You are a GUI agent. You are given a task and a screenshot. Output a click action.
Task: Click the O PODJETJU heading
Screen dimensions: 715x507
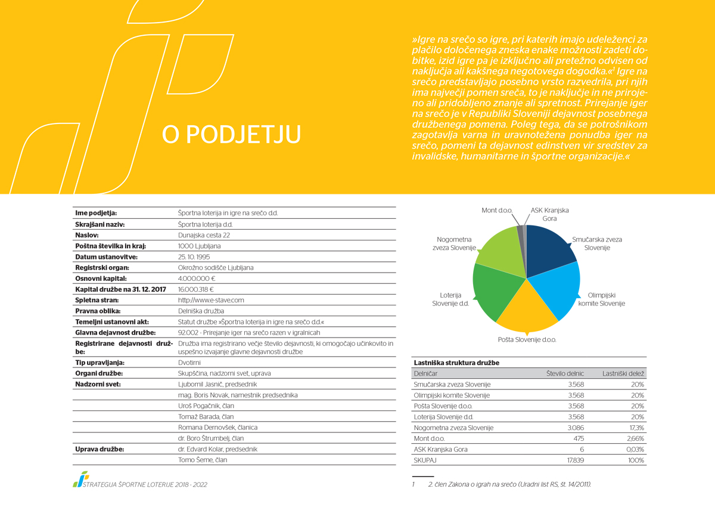[231, 134]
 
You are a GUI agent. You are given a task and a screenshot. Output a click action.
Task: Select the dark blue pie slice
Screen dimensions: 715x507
[548, 251]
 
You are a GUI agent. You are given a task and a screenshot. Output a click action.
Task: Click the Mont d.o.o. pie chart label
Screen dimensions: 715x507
[497, 210]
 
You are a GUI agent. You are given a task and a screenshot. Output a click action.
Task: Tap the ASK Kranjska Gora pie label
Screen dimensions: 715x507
[549, 214]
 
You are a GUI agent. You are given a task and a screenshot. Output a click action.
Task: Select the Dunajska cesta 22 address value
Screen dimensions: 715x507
[204, 235]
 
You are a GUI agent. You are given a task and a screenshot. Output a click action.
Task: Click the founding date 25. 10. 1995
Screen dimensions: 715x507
[194, 257]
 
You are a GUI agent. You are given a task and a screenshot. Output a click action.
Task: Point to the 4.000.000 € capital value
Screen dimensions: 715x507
[197, 279]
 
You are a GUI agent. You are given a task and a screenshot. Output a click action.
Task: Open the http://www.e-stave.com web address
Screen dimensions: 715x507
[211, 300]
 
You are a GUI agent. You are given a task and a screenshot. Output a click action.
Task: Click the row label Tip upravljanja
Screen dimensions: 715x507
[100, 363]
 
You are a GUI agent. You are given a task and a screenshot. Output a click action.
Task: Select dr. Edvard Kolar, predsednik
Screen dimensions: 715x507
[217, 449]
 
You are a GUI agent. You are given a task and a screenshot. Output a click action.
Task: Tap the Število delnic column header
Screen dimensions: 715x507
[565, 373]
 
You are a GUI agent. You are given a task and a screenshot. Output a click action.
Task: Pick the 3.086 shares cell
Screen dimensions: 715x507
[576, 428]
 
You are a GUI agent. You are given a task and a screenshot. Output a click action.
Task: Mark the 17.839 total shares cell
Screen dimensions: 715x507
[576, 460]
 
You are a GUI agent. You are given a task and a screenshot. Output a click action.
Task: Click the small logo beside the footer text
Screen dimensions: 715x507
[81, 479]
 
